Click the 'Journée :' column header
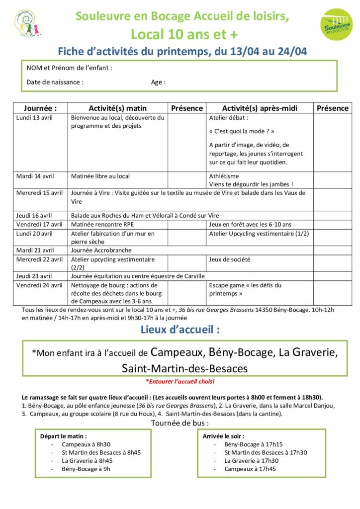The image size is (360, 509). click(x=40, y=108)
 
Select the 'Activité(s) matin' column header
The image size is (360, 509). click(x=118, y=108)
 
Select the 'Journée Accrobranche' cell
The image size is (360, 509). click(x=101, y=250)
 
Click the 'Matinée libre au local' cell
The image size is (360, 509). click(x=100, y=176)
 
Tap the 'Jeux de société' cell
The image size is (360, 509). click(x=230, y=259)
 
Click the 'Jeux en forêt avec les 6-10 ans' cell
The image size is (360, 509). click(x=251, y=224)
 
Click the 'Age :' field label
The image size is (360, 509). click(x=158, y=82)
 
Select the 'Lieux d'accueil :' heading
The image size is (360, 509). click(x=180, y=329)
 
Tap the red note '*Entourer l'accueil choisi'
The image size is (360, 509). click(x=180, y=381)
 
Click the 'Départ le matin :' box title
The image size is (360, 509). click(x=64, y=435)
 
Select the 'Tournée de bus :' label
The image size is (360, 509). click(x=180, y=423)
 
